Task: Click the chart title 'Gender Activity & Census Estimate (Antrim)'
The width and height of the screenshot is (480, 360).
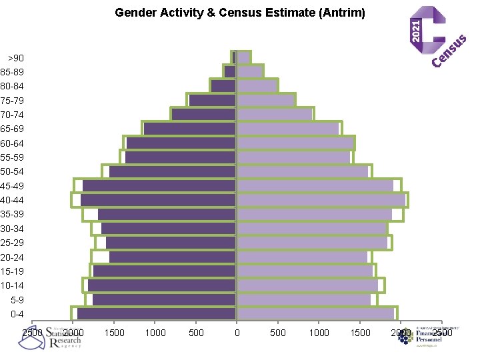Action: pyautogui.click(x=240, y=12)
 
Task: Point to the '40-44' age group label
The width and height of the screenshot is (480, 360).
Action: pyautogui.click(x=12, y=200)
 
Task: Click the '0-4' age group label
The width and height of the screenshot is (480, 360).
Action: pyautogui.click(x=13, y=314)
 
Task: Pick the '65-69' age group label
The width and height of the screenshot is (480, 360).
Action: pyautogui.click(x=12, y=129)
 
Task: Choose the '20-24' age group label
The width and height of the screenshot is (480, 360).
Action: pyautogui.click(x=12, y=257)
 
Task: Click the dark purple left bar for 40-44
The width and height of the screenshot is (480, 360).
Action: pyautogui.click(x=159, y=200)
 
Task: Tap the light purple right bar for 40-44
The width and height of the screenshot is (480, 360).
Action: pyautogui.click(x=321, y=200)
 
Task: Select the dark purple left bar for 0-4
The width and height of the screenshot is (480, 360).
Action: pyautogui.click(x=157, y=314)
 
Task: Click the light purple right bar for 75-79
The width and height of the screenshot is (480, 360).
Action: pyautogui.click(x=266, y=100)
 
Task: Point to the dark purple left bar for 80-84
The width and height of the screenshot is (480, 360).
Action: pyautogui.click(x=223, y=86)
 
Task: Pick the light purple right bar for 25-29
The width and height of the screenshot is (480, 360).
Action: pyautogui.click(x=312, y=243)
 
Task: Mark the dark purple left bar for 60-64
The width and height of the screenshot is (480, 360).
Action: pyautogui.click(x=181, y=143)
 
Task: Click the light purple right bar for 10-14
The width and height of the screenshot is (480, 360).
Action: pyautogui.click(x=307, y=285)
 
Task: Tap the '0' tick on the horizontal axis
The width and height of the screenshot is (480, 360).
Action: pyautogui.click(x=237, y=333)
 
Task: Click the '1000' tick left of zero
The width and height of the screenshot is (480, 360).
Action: pyautogui.click(x=155, y=333)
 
